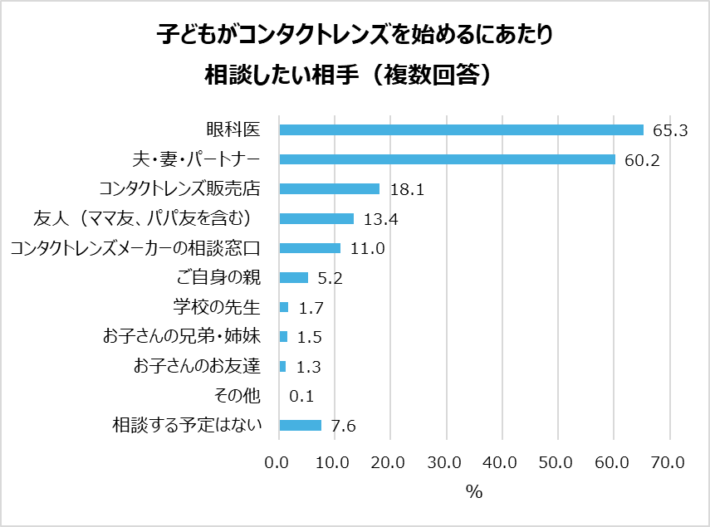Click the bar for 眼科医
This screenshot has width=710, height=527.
(x=461, y=129)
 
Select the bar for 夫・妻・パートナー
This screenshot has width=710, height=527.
(x=447, y=159)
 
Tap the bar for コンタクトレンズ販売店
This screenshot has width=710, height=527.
(x=330, y=188)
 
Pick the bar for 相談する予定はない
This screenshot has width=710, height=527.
(x=301, y=426)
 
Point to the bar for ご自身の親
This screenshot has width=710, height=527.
(x=294, y=277)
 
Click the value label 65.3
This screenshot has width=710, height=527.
(x=670, y=130)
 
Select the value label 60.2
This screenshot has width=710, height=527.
(x=641, y=160)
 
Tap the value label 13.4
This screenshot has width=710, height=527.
(x=379, y=219)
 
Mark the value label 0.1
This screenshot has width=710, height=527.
(x=301, y=397)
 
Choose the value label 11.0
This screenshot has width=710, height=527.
(x=366, y=248)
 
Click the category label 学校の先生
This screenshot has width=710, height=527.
(x=217, y=308)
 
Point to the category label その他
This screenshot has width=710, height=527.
(x=237, y=396)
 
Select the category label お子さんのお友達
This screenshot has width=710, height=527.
(x=198, y=366)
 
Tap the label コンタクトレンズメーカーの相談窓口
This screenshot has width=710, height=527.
(x=135, y=247)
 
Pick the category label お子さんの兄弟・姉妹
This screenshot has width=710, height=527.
(x=183, y=337)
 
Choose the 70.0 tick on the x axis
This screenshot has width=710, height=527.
(x=668, y=462)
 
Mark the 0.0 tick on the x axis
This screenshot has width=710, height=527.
(x=280, y=462)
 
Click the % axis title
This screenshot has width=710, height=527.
(x=474, y=491)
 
